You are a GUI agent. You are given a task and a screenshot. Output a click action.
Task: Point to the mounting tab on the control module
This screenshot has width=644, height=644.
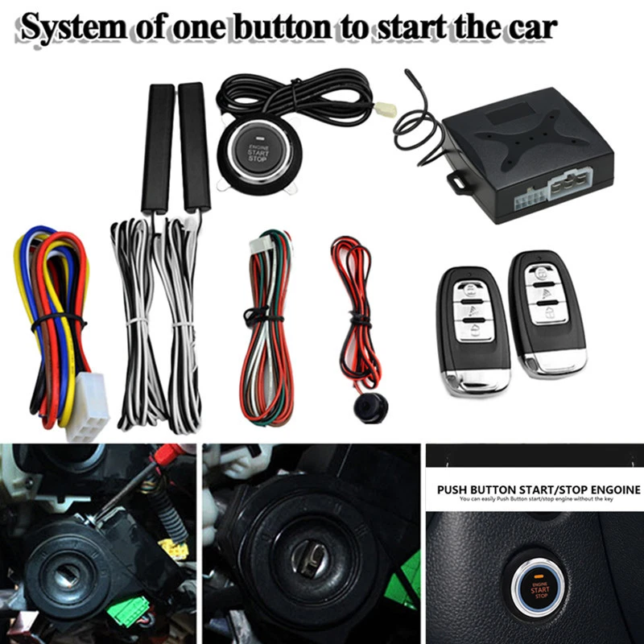click(x=456, y=182)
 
